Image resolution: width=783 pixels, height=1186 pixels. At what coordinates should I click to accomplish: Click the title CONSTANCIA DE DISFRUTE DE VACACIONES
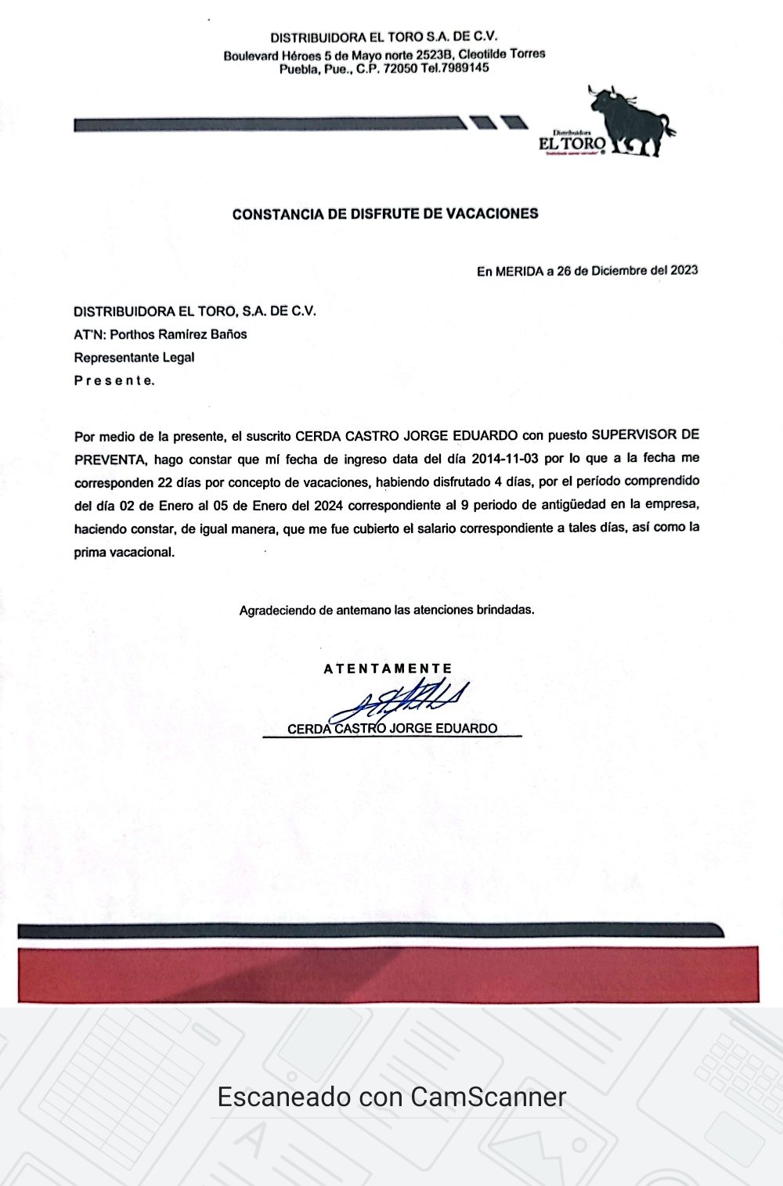tap(385, 213)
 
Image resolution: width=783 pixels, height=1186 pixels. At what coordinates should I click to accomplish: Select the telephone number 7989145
tap(466, 68)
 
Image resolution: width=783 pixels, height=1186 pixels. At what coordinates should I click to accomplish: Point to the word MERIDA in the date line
tap(519, 271)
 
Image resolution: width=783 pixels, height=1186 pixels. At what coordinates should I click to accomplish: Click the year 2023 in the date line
tap(683, 270)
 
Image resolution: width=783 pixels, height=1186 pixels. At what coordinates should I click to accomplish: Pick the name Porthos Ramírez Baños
tap(179, 334)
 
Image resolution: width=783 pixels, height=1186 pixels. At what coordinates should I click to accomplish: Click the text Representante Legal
tap(134, 358)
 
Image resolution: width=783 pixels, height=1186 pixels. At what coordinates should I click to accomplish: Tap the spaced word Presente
tap(114, 381)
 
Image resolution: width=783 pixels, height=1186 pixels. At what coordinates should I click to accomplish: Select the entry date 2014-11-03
tap(505, 458)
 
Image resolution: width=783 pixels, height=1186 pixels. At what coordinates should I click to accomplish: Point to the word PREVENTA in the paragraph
tap(110, 459)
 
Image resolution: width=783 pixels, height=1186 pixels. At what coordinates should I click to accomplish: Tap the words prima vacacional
tap(124, 552)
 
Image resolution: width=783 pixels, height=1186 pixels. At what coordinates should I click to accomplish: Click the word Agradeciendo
tap(277, 610)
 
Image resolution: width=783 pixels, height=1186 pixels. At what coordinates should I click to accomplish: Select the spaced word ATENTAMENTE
tap(388, 669)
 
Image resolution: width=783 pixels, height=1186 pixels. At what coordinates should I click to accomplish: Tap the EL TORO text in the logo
tap(572, 144)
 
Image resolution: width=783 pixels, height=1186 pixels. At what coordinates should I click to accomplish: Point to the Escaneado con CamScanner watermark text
tap(391, 1097)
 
